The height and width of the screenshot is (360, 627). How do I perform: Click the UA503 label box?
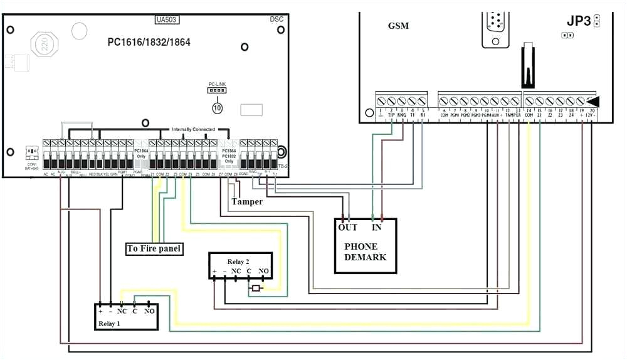pyautogui.click(x=167, y=19)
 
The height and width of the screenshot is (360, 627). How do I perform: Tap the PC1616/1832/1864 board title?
pyautogui.click(x=149, y=43)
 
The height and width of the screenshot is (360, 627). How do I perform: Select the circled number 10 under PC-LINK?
pyautogui.click(x=217, y=108)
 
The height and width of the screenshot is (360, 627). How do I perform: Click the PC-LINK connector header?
pyautogui.click(x=216, y=90)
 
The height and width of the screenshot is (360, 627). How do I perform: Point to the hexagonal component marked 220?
pyautogui.click(x=44, y=45)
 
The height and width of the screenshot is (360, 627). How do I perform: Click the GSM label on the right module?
pyautogui.click(x=398, y=26)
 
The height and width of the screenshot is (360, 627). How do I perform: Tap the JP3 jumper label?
pyautogui.click(x=579, y=21)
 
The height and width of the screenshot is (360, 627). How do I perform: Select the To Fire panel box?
pyautogui.click(x=154, y=249)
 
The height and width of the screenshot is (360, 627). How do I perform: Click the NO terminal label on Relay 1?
pyautogui.click(x=149, y=311)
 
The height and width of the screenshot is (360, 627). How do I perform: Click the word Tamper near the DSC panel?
pyautogui.click(x=246, y=202)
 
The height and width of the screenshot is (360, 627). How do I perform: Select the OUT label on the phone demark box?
pyautogui.click(x=347, y=227)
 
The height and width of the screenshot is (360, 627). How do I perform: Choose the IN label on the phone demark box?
pyautogui.click(x=377, y=227)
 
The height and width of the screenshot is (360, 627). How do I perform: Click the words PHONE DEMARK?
pyautogui.click(x=365, y=251)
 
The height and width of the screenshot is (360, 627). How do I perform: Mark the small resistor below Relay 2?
pyautogui.click(x=255, y=289)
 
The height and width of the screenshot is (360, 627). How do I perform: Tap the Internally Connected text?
pyautogui.click(x=193, y=130)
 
